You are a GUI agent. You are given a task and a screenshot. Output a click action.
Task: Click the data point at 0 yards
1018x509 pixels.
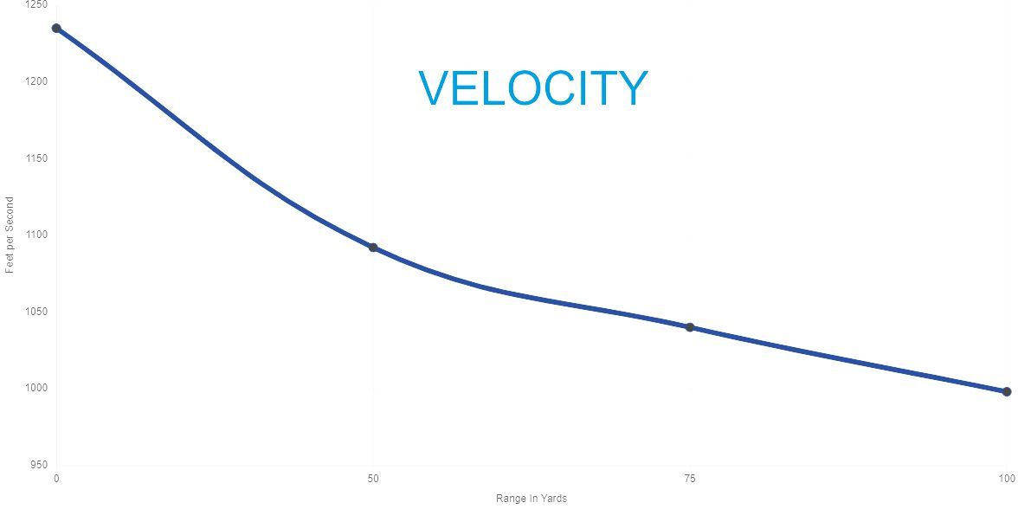pos(56,28)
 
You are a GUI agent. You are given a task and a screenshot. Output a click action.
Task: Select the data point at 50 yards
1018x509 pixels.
pos(373,248)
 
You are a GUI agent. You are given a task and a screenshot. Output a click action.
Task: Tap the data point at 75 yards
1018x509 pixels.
pos(690,327)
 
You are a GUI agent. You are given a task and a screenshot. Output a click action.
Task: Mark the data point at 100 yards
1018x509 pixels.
pos(1007,391)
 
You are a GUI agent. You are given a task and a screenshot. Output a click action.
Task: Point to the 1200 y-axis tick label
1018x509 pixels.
pos(37,81)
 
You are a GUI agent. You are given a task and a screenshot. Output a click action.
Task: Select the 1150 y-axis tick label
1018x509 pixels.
pos(37,158)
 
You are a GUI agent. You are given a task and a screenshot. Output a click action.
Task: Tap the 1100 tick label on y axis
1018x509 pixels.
pos(37,235)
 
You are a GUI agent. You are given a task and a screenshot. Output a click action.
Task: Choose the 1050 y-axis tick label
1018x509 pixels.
pos(37,312)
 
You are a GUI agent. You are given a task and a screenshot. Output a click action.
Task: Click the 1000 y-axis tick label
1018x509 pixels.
pos(37,388)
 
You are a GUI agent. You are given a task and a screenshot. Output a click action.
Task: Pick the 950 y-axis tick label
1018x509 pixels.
pos(40,465)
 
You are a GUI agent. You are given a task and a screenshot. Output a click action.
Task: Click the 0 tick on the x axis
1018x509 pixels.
pos(56,480)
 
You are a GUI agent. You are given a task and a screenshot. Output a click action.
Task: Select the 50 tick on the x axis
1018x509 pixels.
pos(373,480)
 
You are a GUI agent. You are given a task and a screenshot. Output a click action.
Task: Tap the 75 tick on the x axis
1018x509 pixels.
pos(690,480)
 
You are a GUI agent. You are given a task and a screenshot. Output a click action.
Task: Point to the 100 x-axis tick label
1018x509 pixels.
pos(1007,480)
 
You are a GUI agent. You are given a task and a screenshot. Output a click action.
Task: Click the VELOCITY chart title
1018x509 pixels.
pos(533,88)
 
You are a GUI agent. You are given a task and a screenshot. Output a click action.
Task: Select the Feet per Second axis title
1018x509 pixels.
pos(9,235)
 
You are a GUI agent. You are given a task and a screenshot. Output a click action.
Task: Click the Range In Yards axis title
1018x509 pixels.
pos(532,499)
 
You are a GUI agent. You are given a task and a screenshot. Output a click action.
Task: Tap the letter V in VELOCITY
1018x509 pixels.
pos(435,88)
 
